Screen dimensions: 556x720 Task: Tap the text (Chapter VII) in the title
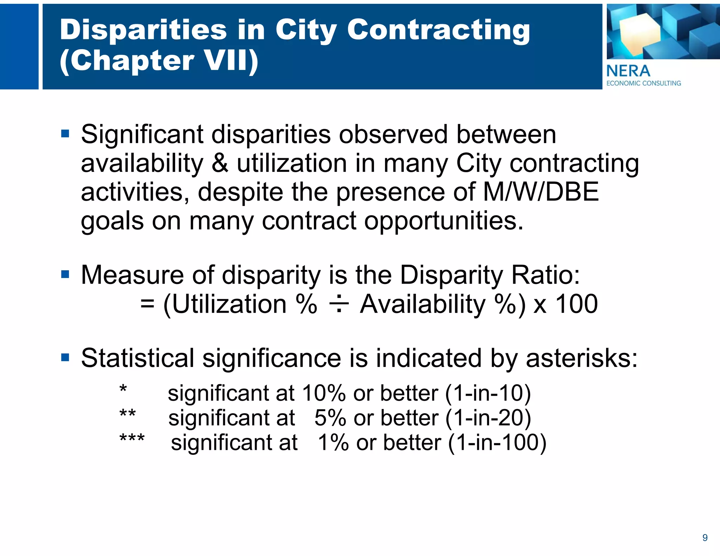[159, 60]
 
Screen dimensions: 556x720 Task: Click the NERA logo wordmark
[628, 71]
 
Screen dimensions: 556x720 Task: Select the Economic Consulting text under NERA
[644, 83]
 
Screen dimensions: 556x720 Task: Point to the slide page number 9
[705, 538]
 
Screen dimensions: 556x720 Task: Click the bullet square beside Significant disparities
[65, 134]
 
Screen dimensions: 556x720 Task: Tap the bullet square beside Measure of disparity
[65, 274]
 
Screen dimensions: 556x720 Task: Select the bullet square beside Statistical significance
[65, 358]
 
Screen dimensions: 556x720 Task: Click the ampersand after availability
[220, 163]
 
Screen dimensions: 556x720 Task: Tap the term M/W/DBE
[541, 192]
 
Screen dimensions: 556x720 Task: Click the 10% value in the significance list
[323, 393]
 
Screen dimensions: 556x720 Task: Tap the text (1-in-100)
[497, 442]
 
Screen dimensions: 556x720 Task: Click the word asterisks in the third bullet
[581, 358]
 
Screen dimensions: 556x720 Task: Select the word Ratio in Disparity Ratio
[545, 275]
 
